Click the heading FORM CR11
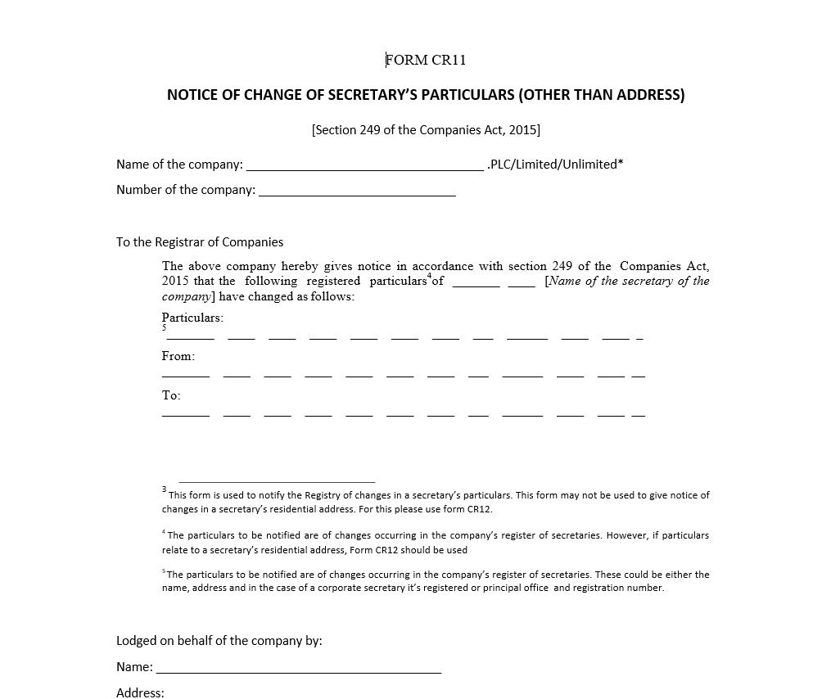point(426,60)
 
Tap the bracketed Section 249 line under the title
point(426,129)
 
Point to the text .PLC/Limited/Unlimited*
point(555,165)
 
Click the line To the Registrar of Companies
point(200,242)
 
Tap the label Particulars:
point(192,318)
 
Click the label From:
point(178,356)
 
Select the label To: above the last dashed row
point(171,395)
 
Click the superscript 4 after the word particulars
point(429,276)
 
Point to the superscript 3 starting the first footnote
point(165,489)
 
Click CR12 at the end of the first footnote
point(479,509)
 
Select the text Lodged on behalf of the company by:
point(219,641)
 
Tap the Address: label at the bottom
point(140,692)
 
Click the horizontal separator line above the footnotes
point(277,482)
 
